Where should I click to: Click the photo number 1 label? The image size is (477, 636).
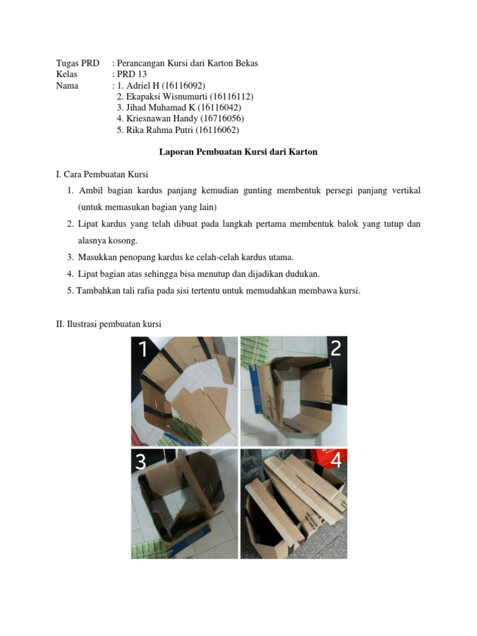click(x=143, y=350)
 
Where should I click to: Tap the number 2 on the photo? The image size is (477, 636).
click(x=335, y=348)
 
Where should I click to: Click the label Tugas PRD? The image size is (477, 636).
click(x=78, y=63)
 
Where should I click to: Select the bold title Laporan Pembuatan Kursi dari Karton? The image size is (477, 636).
click(x=238, y=152)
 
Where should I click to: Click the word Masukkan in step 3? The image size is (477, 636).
click(x=98, y=257)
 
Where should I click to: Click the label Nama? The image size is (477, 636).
click(x=67, y=85)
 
